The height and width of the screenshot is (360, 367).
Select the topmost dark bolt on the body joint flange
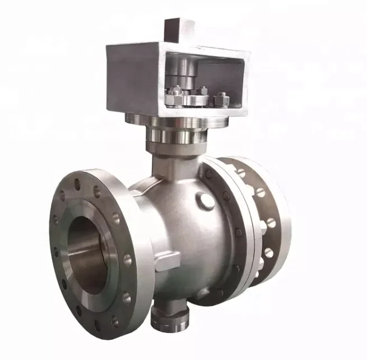(x=209, y=174)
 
